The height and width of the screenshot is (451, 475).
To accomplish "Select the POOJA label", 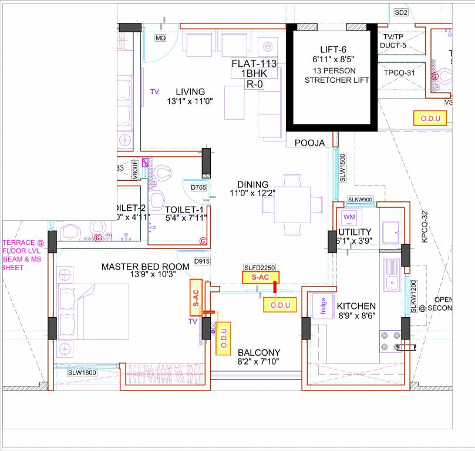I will pos(309,142).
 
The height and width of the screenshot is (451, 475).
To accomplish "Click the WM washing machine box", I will pos(349,217).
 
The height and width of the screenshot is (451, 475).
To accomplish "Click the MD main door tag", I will pos(160,38).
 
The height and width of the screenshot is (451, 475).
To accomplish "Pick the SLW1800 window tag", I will pos(81,372).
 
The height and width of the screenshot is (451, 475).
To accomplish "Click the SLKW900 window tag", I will pos(361,200).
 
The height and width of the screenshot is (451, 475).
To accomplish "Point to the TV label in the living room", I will pos(154,92).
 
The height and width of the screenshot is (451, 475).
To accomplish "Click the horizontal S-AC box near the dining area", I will pos(261,277).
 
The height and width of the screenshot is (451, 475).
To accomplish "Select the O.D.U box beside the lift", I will pos(430,118).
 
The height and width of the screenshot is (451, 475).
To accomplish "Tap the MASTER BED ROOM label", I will pos(145,267).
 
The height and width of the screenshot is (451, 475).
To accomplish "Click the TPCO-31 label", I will pos(399,73).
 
